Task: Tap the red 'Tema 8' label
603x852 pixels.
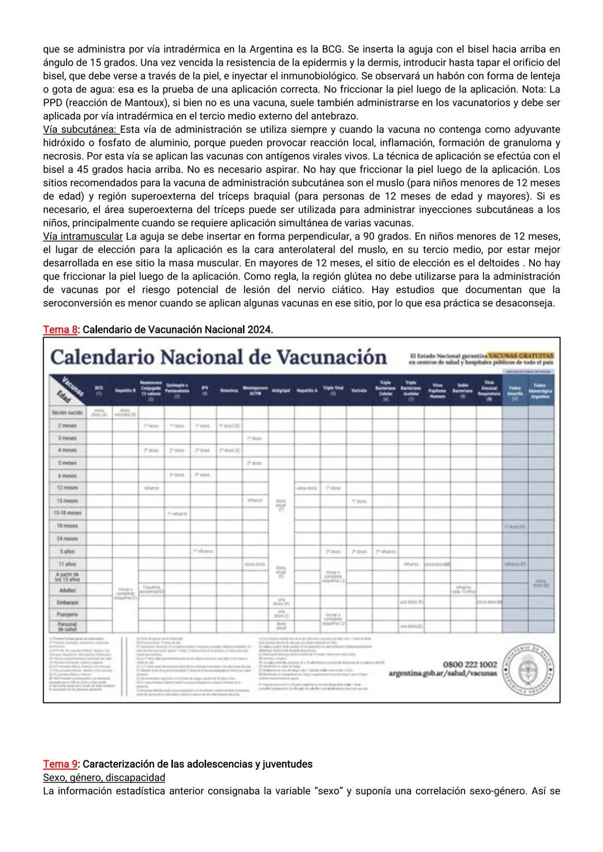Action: click(60, 329)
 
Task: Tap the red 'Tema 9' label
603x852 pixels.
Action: click(60, 764)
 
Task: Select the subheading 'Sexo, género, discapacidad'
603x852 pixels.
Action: click(104, 777)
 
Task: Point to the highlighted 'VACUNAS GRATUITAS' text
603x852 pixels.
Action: click(520, 355)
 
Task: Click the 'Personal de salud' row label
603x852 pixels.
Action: click(67, 626)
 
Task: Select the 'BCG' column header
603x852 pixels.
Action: click(99, 389)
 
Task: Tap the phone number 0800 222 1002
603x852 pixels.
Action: click(470, 664)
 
